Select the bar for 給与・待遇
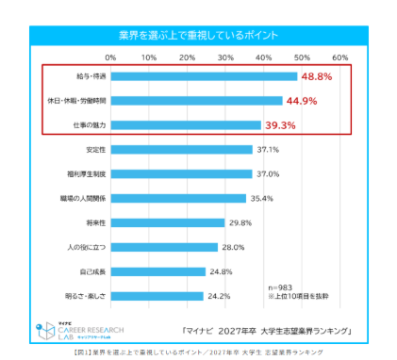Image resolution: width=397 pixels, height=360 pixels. coord(204,75)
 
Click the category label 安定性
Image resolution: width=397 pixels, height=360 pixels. coord(92,149)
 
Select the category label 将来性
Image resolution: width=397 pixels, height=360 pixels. coord(92,222)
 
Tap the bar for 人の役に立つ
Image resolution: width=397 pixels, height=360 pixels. coord(164,247)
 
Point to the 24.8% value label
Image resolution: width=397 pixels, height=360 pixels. coord(222,271)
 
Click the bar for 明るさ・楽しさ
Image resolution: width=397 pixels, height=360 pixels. coord(157,296)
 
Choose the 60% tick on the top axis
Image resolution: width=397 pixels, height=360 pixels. coord(340,57)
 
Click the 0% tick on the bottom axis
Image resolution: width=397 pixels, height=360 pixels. coord(110,309)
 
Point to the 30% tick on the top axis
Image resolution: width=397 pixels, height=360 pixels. coord(225,57)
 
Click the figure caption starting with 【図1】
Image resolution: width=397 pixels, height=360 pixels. coord(198,352)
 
